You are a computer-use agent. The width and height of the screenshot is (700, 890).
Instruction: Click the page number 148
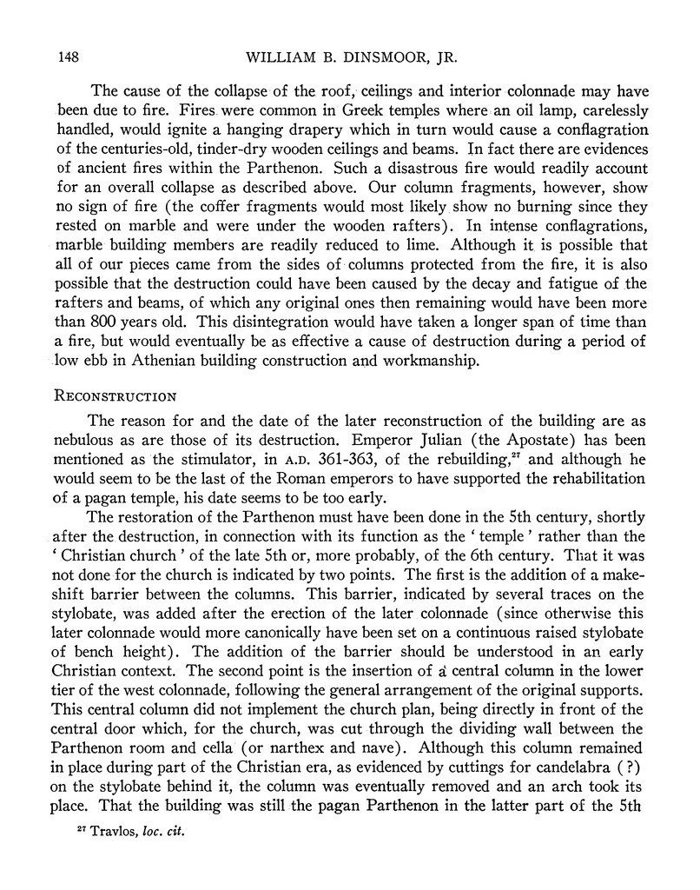point(69,58)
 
